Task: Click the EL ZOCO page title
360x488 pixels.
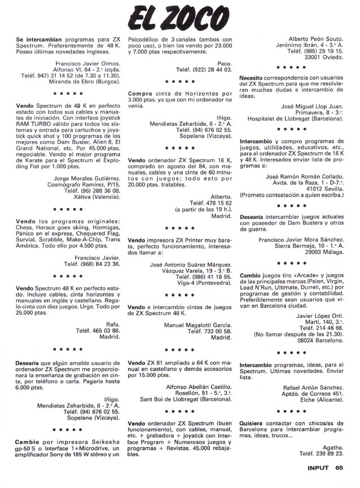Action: pos(180,18)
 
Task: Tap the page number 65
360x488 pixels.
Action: pos(339,467)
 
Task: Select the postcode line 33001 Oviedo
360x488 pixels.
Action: pos(325,56)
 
